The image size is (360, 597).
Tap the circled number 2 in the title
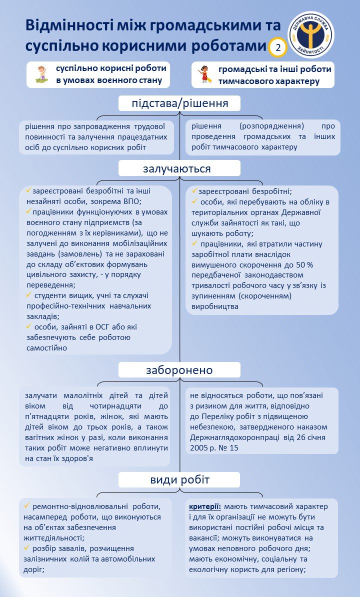tap(277, 47)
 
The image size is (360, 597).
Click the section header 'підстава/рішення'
tap(179, 103)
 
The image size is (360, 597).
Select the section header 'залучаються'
tap(179, 168)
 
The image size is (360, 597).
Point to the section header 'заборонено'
tap(179, 370)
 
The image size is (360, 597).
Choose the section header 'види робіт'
tap(179, 480)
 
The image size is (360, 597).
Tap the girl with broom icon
tap(204, 74)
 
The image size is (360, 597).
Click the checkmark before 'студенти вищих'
tap(29, 295)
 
